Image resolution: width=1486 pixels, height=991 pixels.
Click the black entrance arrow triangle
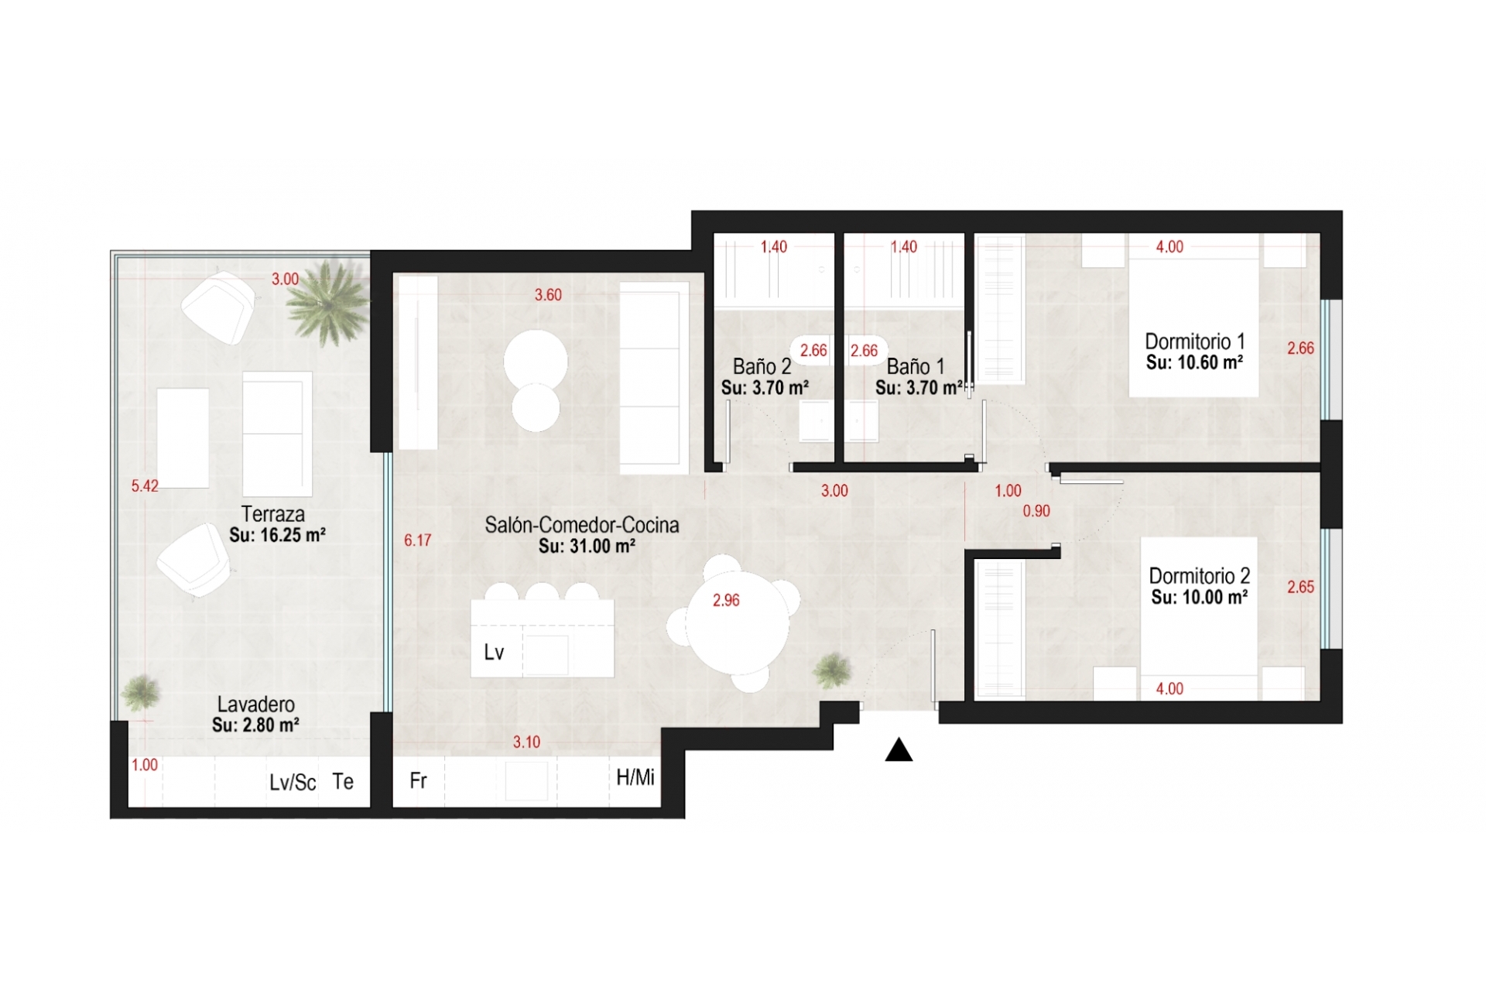[x=899, y=750]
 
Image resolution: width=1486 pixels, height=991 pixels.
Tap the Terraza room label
[x=272, y=514]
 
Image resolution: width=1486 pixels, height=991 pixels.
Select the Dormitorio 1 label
[x=1194, y=341]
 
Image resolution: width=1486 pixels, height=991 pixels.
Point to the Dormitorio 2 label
[x=1199, y=576]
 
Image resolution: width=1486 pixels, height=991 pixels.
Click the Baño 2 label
[x=762, y=367]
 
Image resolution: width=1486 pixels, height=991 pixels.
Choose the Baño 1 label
[x=916, y=367]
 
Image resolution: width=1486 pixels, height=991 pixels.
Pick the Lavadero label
[x=255, y=705]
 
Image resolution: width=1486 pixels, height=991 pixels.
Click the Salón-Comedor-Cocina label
[x=582, y=525]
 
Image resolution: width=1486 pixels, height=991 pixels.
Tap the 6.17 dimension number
[x=418, y=540]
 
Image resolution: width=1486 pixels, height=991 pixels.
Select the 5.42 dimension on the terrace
[x=145, y=486]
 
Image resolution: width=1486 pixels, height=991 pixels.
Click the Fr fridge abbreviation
[x=418, y=780]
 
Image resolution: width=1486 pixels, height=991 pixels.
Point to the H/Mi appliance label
[x=635, y=778]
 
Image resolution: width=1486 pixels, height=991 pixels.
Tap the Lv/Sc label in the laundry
[x=293, y=783]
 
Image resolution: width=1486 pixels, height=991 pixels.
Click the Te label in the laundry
[x=343, y=781]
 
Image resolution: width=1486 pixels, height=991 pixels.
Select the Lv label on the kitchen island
[x=494, y=653]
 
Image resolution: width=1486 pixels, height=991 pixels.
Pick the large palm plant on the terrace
[x=326, y=302]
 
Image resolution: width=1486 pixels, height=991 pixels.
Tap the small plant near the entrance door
[x=832, y=670]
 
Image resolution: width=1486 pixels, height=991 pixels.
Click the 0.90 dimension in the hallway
[x=1036, y=511]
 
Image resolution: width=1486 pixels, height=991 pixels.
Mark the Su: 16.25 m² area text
[x=277, y=535]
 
